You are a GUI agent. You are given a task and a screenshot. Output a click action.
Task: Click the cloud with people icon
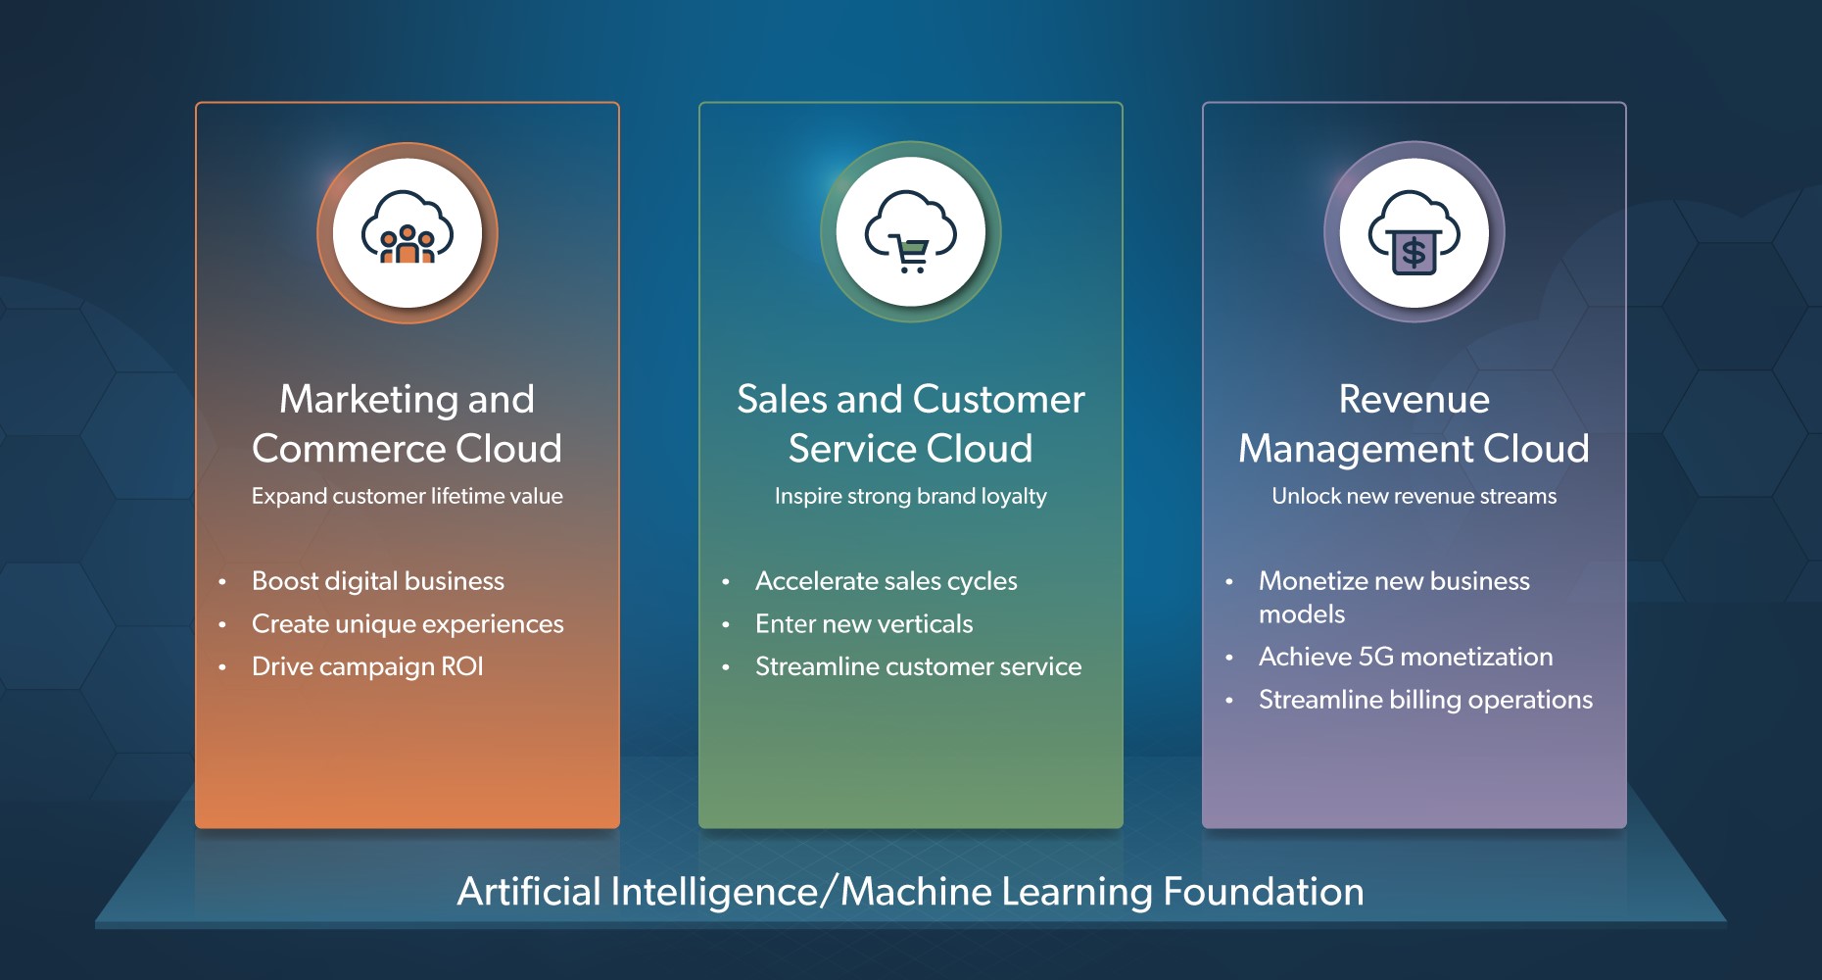tap(408, 228)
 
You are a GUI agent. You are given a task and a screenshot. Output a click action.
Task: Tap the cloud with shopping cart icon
tap(911, 230)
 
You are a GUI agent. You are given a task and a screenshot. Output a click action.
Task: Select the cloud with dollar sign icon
tap(1414, 232)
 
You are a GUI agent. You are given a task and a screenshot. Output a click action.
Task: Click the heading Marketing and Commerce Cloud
tap(408, 423)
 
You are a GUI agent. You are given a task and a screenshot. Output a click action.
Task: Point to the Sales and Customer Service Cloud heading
tap(911, 423)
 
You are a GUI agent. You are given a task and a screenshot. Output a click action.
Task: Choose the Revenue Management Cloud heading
tap(1414, 423)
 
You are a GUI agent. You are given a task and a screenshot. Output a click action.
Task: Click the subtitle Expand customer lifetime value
tap(408, 496)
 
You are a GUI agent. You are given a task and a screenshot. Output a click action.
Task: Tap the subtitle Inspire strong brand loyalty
tap(911, 496)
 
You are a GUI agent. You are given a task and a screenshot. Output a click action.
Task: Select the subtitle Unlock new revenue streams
tap(1414, 496)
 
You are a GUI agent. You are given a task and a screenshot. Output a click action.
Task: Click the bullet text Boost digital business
tap(378, 581)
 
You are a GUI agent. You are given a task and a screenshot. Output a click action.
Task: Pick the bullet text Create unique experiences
tap(408, 624)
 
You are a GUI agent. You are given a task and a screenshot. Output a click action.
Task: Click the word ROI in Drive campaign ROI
tap(462, 666)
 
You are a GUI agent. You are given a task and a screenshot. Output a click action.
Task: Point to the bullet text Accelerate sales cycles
tap(887, 581)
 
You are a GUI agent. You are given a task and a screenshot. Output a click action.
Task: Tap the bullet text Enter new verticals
tap(864, 624)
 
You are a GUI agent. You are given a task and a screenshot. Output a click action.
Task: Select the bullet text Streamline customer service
tap(919, 666)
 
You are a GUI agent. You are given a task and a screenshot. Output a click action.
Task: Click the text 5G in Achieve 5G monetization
tap(1376, 657)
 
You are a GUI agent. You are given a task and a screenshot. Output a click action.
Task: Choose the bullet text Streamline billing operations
tap(1426, 700)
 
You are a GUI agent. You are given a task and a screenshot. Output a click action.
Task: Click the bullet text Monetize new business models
tap(1394, 597)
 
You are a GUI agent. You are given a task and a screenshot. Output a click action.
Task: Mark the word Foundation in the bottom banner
tap(1264, 892)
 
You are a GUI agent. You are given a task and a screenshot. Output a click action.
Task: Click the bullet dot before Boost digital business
tap(222, 582)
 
